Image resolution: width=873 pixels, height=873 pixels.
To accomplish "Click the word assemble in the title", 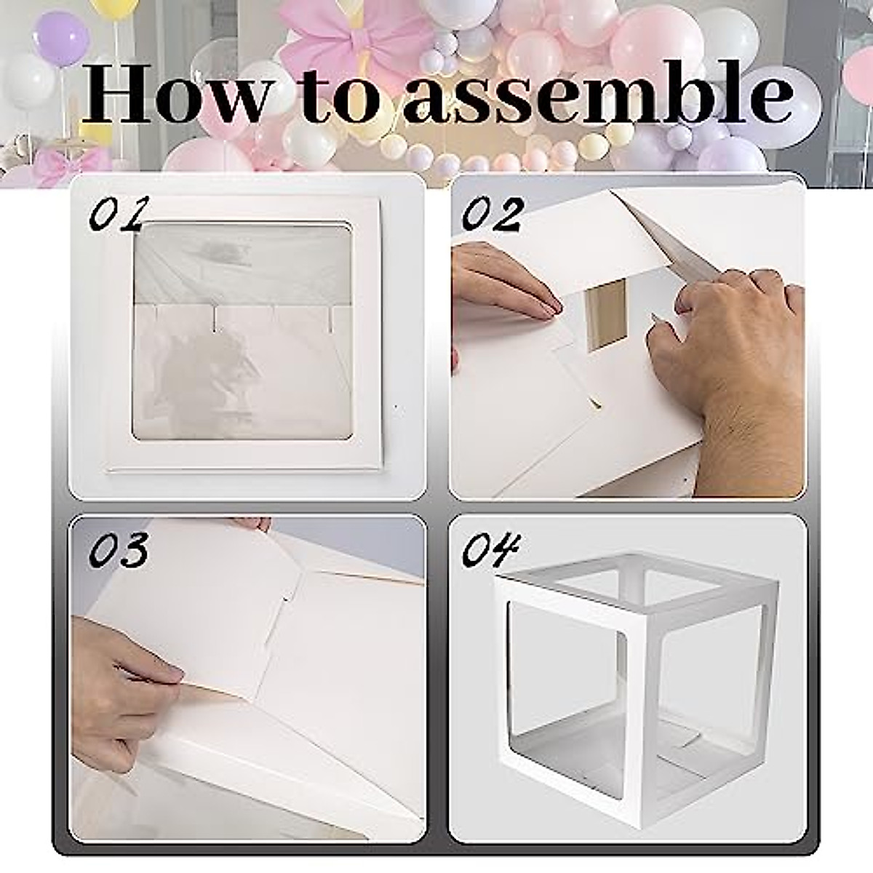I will (597, 95).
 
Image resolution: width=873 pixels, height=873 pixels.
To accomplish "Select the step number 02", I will (493, 214).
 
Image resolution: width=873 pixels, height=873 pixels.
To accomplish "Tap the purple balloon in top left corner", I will (63, 36).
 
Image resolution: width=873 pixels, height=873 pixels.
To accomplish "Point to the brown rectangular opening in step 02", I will (607, 313).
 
